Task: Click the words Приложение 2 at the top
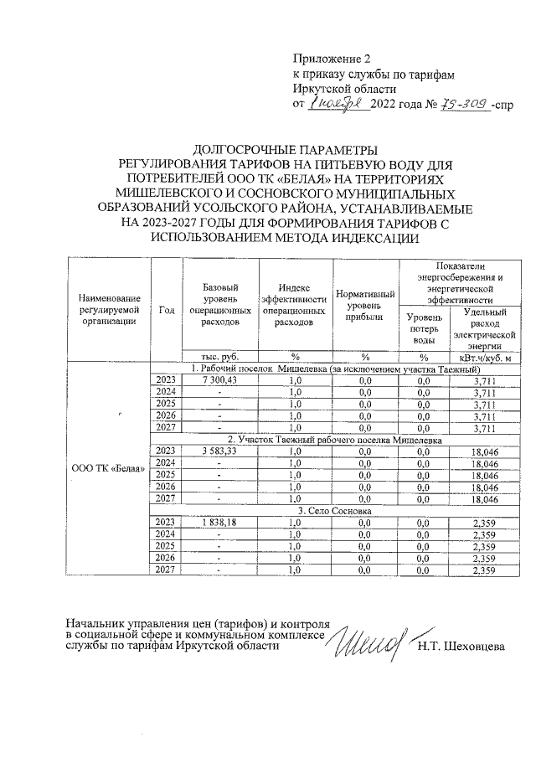click(x=331, y=59)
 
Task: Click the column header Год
click(x=166, y=309)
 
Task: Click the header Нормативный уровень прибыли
click(x=365, y=304)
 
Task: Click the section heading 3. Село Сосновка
click(x=335, y=510)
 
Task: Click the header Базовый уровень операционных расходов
click(x=222, y=304)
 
